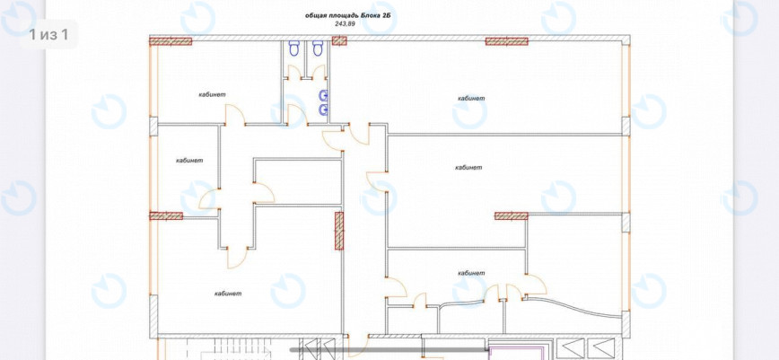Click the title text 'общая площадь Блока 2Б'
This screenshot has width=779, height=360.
point(348,15)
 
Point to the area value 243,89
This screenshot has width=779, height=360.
point(345,24)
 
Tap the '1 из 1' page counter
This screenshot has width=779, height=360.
point(48,34)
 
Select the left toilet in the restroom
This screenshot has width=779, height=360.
point(293,48)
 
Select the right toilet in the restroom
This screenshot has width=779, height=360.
point(318,48)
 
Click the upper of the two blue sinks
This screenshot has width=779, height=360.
point(324,95)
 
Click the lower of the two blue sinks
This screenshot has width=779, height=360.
point(324,110)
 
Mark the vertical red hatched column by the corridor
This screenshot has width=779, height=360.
point(339,231)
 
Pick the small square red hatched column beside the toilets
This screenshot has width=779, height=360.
point(339,40)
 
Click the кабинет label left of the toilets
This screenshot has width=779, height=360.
point(213,94)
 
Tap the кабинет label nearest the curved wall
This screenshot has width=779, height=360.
point(471,273)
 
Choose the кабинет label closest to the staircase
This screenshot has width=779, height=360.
point(228,294)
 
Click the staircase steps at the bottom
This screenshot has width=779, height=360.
point(238,349)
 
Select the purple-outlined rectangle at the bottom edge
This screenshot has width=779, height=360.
point(518,354)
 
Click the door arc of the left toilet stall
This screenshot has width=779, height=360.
point(293,71)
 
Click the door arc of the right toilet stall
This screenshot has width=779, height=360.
point(319,71)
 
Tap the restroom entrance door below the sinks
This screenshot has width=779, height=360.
point(297,114)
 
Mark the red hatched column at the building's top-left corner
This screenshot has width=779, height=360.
point(171,41)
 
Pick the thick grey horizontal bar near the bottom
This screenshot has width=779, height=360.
point(389,350)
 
